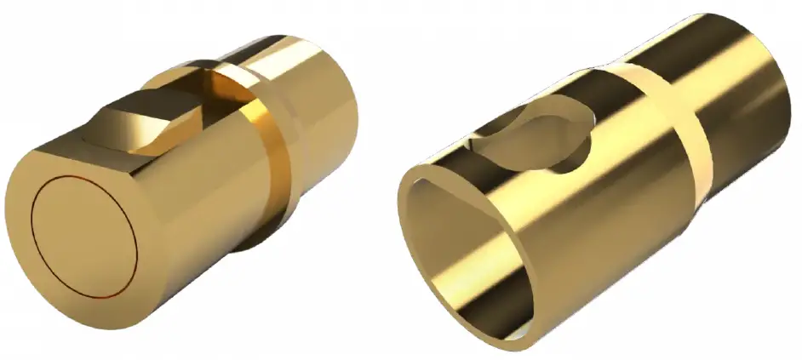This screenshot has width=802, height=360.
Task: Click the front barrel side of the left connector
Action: point(204,196)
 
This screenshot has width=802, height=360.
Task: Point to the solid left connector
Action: point(170,187)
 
